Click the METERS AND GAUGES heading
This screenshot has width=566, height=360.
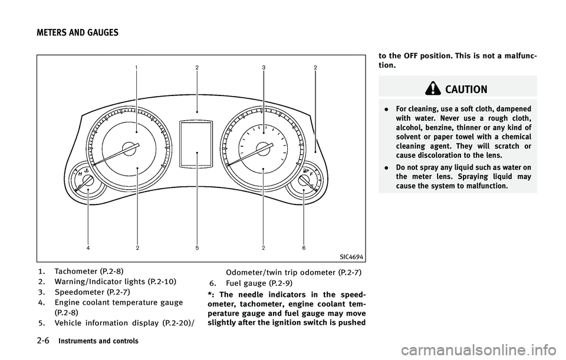click(x=77, y=33)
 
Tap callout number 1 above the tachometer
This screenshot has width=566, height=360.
click(x=136, y=67)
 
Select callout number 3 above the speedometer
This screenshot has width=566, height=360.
click(x=264, y=67)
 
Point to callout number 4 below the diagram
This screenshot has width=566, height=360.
click(x=88, y=248)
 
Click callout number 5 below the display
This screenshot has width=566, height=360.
click(x=197, y=248)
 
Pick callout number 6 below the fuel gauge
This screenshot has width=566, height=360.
click(x=304, y=248)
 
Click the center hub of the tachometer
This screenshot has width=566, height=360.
click(x=129, y=148)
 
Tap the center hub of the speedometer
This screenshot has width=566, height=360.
click(x=262, y=148)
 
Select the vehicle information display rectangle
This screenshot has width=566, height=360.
click(x=196, y=144)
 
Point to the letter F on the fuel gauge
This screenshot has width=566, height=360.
click(x=311, y=174)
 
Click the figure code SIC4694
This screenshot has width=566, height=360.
click(x=351, y=257)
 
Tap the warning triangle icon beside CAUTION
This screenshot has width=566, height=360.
click(x=433, y=88)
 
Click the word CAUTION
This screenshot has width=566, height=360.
click(x=466, y=90)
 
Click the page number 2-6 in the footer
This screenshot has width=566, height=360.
click(x=43, y=341)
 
